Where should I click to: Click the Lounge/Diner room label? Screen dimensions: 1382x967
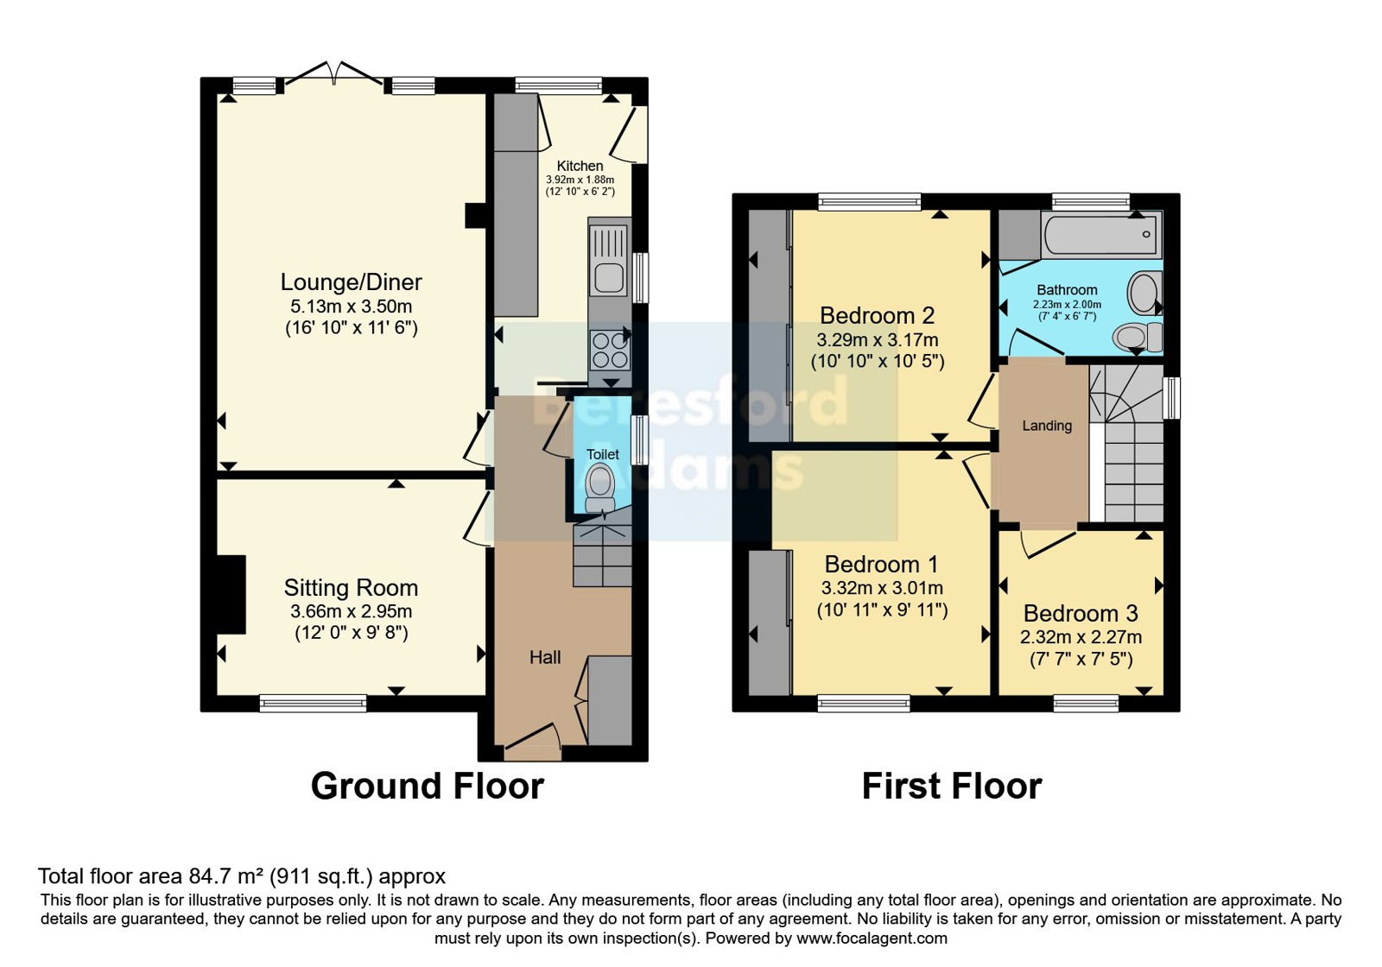click(351, 282)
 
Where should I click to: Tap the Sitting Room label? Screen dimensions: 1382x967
click(351, 588)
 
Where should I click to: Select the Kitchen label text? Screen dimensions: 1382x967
click(580, 166)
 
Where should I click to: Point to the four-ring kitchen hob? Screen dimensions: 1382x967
click(610, 350)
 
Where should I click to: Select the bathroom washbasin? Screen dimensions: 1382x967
click(1144, 293)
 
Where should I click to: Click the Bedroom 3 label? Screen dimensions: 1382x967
click(1081, 613)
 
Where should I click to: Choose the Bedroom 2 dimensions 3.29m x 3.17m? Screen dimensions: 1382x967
click(878, 340)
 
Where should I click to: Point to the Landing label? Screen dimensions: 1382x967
click(1047, 426)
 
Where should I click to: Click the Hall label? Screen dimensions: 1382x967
click(545, 657)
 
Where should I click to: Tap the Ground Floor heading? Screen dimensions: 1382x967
click(428, 787)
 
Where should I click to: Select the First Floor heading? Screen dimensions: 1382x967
click(952, 787)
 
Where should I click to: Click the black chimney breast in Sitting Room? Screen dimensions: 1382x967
click(231, 595)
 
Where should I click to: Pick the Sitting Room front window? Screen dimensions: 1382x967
click(313, 703)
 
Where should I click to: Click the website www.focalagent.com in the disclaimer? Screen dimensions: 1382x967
click(872, 939)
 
